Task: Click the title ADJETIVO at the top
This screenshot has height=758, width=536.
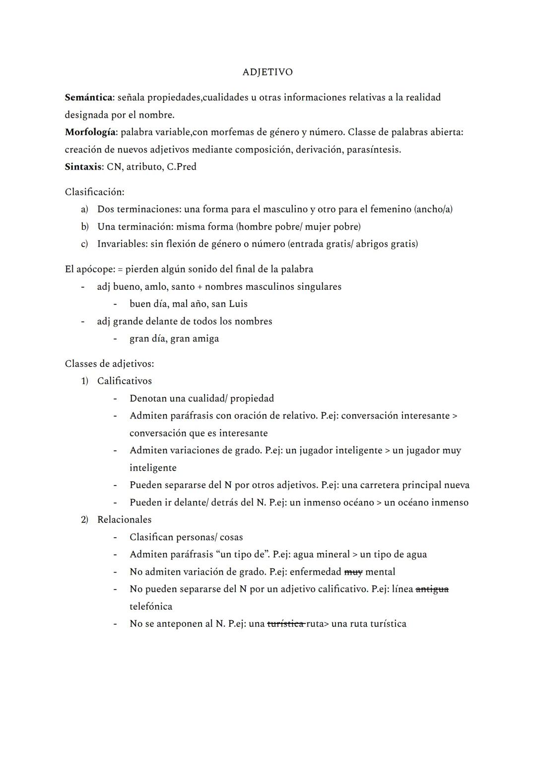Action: coord(268,72)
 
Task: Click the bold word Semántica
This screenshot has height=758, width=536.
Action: coord(88,97)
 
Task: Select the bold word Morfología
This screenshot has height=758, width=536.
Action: coord(90,132)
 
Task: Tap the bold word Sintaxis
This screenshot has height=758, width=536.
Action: coord(82,167)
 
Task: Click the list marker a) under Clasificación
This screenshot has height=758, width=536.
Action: coord(84,209)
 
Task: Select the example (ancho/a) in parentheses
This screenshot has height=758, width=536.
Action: coord(433,209)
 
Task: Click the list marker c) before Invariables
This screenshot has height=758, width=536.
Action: coord(84,244)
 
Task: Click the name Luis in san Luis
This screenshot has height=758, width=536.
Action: coord(238,304)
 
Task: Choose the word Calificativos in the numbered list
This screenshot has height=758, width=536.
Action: coord(124,381)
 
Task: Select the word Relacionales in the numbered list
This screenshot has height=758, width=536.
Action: coord(124,519)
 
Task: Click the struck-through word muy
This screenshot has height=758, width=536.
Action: coord(353,572)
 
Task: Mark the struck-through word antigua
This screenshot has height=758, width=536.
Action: coord(432,589)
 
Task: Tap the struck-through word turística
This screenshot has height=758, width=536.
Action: coord(285,624)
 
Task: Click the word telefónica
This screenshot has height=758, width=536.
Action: coord(151,606)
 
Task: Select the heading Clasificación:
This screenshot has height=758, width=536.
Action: coord(94,192)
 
